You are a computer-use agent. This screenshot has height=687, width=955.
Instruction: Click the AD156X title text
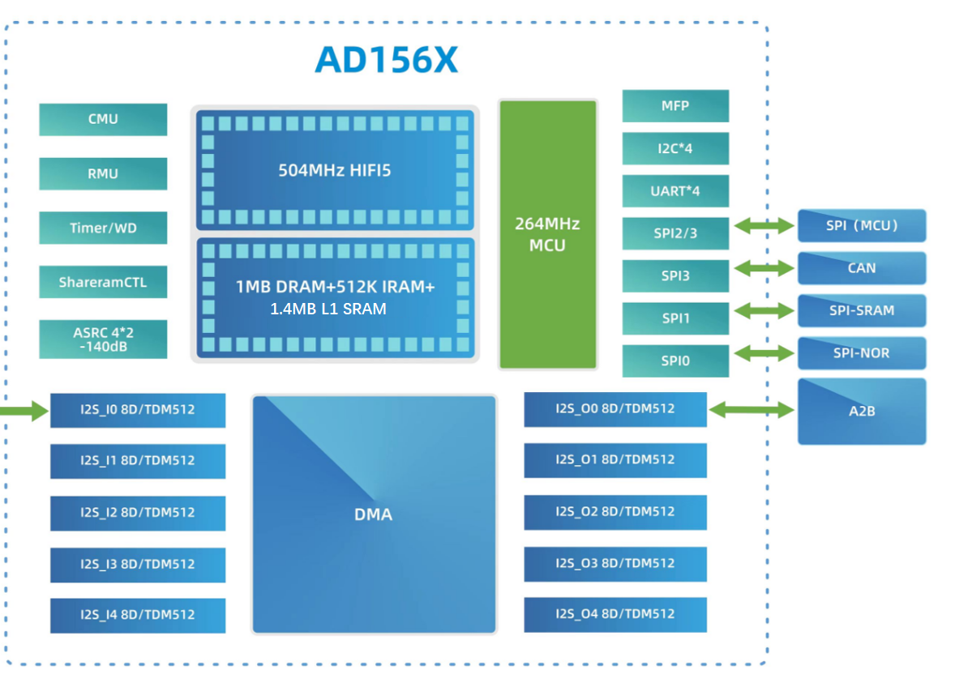(386, 59)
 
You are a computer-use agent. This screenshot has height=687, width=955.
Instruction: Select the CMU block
(103, 119)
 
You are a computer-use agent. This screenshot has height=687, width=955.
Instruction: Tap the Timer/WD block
(103, 228)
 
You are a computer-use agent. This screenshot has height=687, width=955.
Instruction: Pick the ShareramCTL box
(103, 282)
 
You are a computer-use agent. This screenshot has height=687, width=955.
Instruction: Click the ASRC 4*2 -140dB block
(103, 339)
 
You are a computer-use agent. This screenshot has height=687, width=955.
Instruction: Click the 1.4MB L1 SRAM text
(328, 309)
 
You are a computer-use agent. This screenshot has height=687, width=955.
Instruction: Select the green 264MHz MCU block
(548, 234)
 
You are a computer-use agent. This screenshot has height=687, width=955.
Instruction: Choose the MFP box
(675, 106)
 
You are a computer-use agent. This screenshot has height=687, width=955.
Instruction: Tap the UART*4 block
(675, 191)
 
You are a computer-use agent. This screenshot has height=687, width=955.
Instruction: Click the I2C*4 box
(675, 149)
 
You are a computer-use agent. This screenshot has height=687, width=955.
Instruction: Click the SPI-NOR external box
(861, 353)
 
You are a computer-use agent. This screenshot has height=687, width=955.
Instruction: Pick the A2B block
(861, 411)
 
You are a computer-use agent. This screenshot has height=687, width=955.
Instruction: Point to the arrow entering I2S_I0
(24, 412)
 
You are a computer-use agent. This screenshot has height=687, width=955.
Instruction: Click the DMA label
(373, 514)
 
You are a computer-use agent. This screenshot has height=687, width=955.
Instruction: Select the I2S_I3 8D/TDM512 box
(138, 564)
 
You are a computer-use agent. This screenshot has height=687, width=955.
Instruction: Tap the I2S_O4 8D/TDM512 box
(615, 614)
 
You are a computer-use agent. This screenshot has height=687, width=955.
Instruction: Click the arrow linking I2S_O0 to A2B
(752, 411)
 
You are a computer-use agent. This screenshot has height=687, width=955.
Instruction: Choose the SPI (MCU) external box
(861, 225)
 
